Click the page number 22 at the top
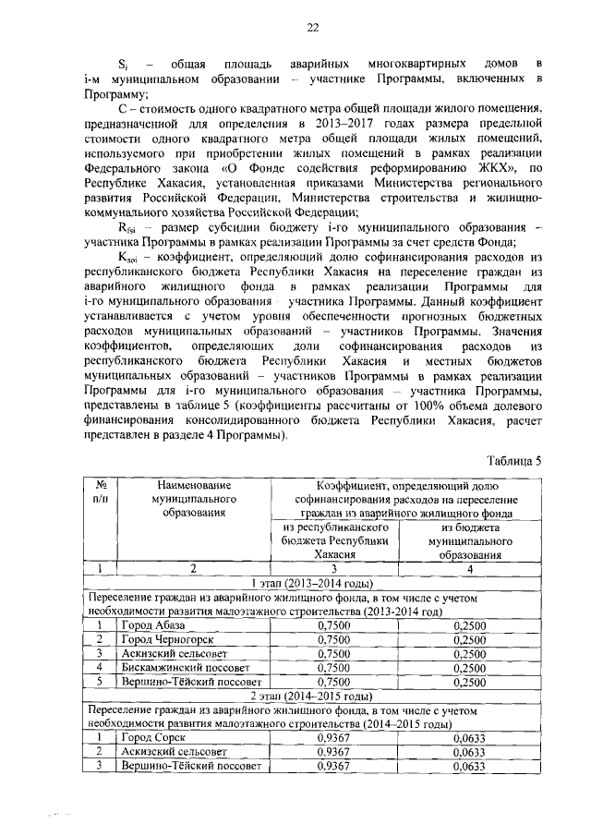pyautogui.click(x=312, y=29)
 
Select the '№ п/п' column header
pyautogui.click(x=98, y=491)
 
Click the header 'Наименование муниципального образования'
pyautogui.click(x=193, y=499)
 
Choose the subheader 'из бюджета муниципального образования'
pyautogui.click(x=470, y=540)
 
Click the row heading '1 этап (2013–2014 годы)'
pyautogui.click(x=312, y=583)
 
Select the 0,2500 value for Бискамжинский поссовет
pyautogui.click(x=470, y=668)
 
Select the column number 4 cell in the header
pyautogui.click(x=470, y=569)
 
